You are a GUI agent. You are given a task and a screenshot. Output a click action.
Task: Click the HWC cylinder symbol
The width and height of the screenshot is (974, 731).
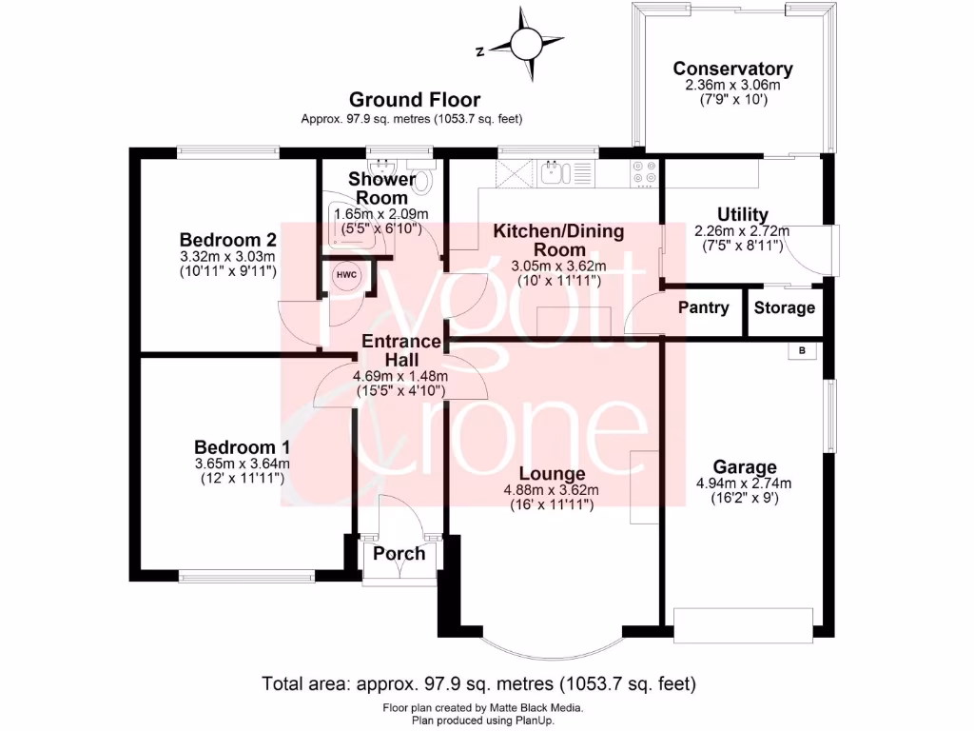point(343,275)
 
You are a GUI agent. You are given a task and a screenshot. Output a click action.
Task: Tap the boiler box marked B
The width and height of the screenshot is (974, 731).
point(801,350)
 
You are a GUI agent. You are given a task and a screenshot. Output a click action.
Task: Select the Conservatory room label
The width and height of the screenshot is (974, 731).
point(732,69)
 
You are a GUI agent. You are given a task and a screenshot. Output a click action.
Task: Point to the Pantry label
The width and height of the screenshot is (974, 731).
point(704,307)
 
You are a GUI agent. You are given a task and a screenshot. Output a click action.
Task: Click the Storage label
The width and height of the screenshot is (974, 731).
point(785,307)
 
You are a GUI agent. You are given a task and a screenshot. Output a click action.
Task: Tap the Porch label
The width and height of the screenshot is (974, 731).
point(399,554)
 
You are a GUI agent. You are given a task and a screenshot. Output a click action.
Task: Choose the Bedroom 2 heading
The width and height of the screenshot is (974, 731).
point(228,240)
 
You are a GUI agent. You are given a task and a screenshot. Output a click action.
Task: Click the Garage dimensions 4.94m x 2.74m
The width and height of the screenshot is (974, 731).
point(744,483)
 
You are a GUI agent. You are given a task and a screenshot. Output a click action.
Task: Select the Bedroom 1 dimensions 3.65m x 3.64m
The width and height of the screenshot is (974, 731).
point(242,464)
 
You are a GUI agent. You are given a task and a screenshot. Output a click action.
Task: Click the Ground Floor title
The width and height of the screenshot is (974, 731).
point(414,99)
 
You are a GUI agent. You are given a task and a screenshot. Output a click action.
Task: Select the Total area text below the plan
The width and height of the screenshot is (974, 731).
point(478,683)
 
